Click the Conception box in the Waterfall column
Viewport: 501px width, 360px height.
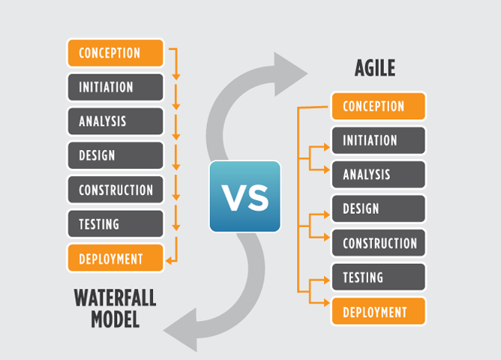tap(115, 53)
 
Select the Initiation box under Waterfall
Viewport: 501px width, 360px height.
tap(115, 87)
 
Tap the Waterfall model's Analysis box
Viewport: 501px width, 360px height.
tap(115, 121)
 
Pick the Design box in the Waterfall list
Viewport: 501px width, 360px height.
tap(115, 155)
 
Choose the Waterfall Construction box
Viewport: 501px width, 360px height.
tap(115, 190)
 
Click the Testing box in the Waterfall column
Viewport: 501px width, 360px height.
tap(115, 224)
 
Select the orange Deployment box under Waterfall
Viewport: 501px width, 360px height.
tap(115, 258)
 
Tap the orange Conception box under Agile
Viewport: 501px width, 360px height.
tap(379, 106)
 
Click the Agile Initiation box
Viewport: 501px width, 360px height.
tap(379, 140)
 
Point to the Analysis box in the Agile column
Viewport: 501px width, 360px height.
tap(379, 175)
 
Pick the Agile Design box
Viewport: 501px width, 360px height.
tap(379, 209)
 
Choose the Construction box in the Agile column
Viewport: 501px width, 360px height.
tap(379, 243)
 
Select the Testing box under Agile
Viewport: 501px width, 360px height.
tap(379, 277)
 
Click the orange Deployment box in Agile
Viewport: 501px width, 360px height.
tap(379, 311)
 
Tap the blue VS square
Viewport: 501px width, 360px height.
tap(245, 196)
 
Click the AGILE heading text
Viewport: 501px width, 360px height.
tap(375, 68)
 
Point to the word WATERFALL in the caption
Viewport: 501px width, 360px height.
tap(115, 298)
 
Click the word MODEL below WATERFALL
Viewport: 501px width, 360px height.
tap(115, 319)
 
